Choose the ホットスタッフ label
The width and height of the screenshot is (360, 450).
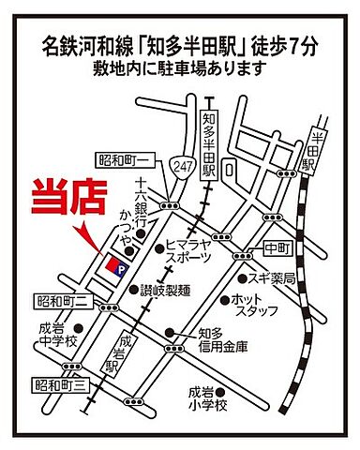[x=253, y=307]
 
